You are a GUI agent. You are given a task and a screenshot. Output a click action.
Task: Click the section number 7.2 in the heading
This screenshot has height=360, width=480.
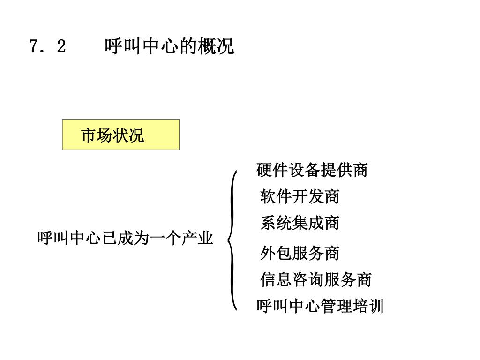(x=47, y=47)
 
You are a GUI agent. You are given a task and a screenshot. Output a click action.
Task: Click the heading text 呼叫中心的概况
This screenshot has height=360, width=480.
(x=169, y=47)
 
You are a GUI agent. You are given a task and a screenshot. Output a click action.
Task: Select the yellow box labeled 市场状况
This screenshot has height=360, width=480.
(x=120, y=135)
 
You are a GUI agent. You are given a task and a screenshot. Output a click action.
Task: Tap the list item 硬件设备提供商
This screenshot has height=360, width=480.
(x=312, y=170)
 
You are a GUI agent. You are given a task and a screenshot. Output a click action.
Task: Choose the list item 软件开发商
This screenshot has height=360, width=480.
(x=300, y=197)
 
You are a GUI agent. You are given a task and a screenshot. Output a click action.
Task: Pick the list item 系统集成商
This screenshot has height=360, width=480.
(x=300, y=223)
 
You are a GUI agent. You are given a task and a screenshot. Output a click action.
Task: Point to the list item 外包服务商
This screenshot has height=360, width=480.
(x=300, y=254)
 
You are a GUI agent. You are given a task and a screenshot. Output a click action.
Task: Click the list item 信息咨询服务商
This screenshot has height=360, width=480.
(x=315, y=280)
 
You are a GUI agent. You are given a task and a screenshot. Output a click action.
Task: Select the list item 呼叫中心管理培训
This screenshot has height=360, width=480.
(x=320, y=307)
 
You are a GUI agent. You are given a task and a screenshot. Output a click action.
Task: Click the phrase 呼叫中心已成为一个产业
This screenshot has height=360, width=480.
(x=125, y=239)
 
